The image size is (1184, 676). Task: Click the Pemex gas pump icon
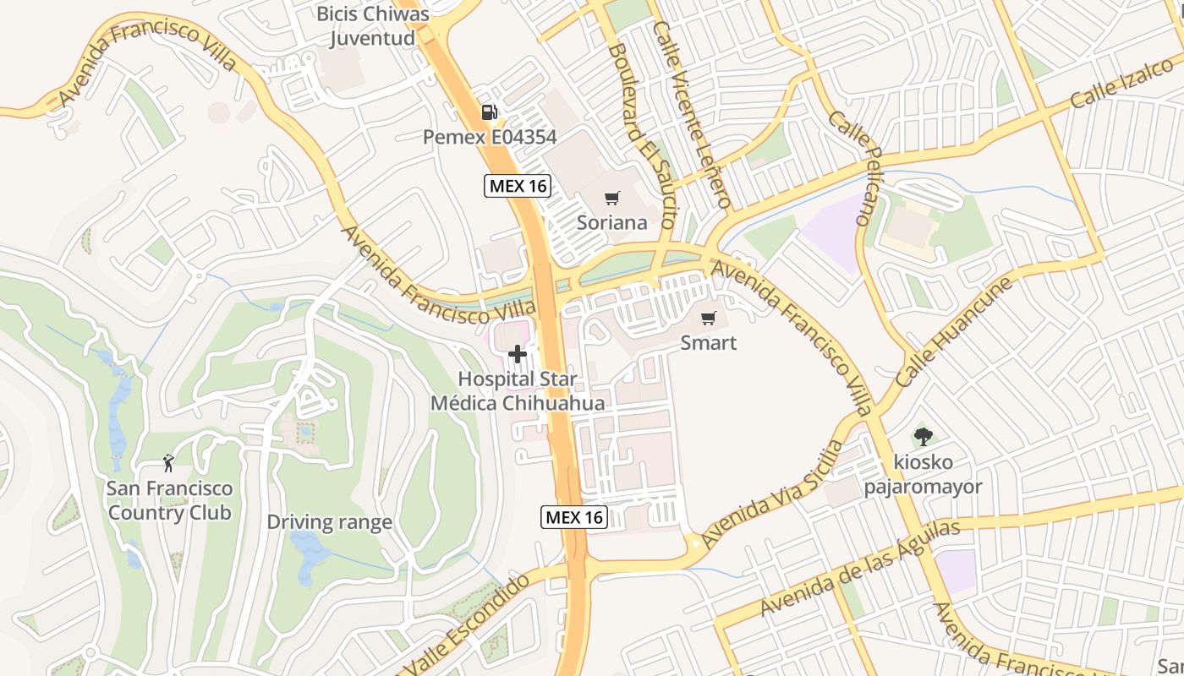[x=488, y=112]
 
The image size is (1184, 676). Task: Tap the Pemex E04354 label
[x=491, y=137]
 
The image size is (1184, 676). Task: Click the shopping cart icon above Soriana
[x=612, y=199]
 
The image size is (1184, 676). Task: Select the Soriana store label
[x=612, y=223]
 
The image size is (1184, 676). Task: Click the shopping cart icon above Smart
[x=709, y=319]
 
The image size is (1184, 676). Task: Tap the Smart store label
[x=709, y=343]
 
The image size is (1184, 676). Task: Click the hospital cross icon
[x=518, y=354]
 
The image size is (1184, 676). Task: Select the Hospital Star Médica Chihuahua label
[x=518, y=391]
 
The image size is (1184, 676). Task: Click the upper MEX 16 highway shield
[x=518, y=186]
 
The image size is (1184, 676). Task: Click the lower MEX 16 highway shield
[x=574, y=517]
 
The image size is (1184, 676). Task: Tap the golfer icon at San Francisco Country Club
[x=168, y=463]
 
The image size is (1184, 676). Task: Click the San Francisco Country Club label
[x=169, y=500]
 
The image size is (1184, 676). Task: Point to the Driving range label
[x=329, y=522]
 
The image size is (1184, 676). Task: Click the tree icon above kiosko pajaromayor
[x=923, y=437]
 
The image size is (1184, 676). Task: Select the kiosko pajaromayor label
[x=923, y=475]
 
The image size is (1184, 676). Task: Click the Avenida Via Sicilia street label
[x=772, y=493]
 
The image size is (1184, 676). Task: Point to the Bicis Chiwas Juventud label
[x=372, y=26]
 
